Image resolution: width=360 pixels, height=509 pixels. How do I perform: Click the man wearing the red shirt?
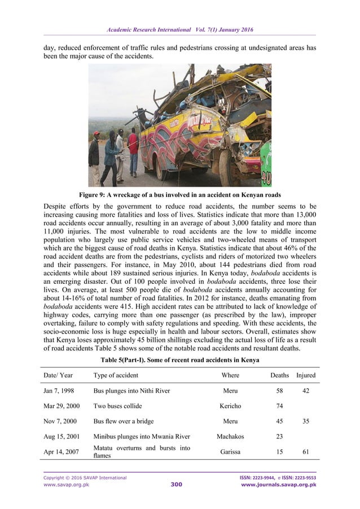point(133,149)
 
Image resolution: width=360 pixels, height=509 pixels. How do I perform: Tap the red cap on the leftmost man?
point(96,133)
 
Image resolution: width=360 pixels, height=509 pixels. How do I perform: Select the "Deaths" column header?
point(279,375)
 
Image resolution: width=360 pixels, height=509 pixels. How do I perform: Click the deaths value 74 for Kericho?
point(279,406)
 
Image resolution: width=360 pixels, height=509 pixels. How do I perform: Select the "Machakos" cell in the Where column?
point(230,436)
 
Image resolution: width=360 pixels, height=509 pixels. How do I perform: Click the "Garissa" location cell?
point(230,451)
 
